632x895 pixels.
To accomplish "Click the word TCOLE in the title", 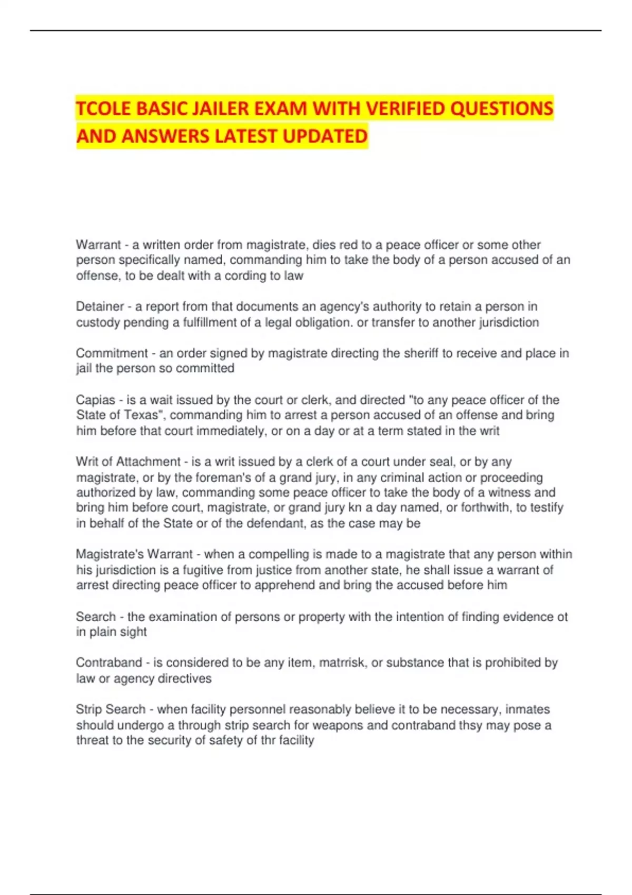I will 103,108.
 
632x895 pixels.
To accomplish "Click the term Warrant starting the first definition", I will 98,245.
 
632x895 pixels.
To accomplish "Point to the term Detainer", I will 100,306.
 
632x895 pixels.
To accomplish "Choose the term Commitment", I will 112,353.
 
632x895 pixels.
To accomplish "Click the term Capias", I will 95,400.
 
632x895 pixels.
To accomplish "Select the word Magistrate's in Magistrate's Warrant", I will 110,554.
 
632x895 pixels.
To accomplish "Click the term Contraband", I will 109,663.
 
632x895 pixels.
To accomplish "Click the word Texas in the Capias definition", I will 141,415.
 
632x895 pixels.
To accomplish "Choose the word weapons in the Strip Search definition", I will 338,725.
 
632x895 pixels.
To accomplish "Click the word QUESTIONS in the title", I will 502,108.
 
